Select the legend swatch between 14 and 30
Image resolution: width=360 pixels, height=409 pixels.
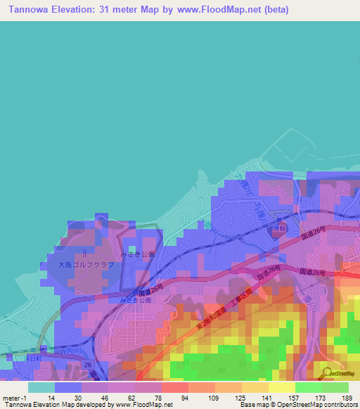pyautogui.click(x=68, y=387)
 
